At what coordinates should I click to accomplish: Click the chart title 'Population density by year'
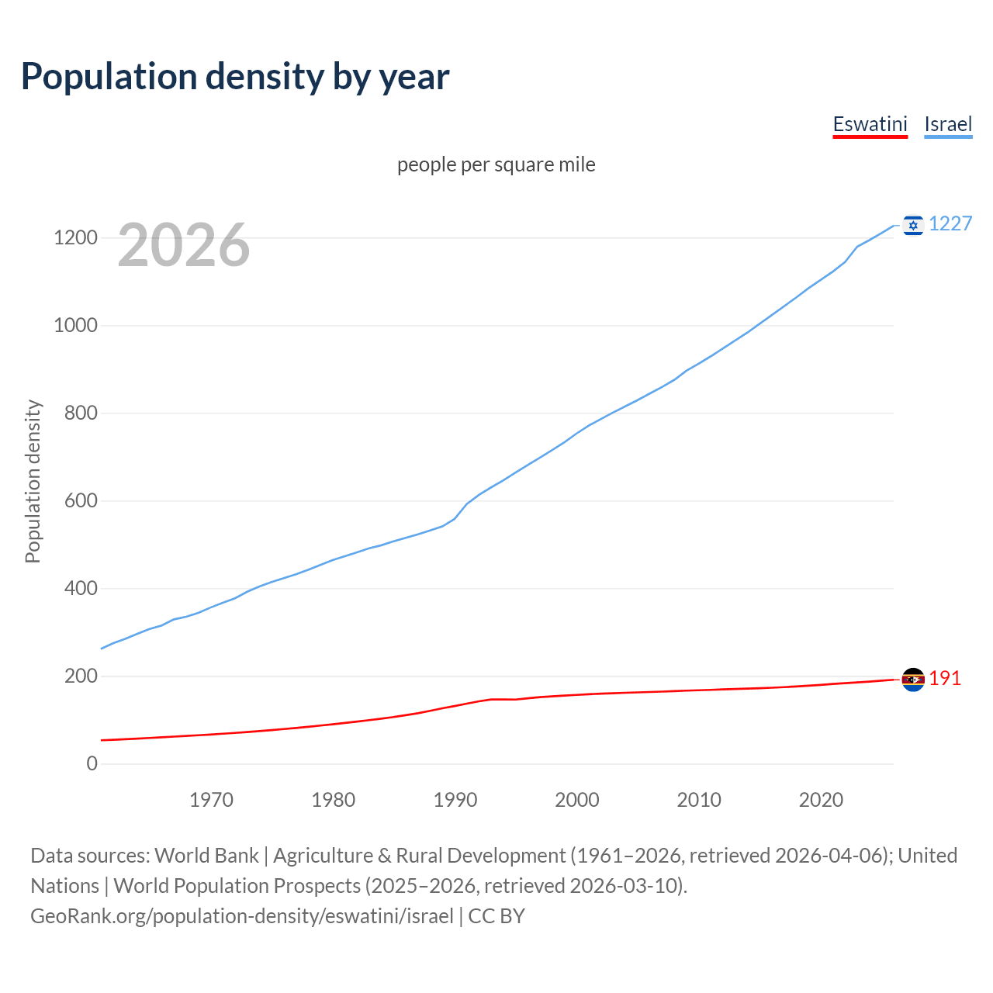[235, 76]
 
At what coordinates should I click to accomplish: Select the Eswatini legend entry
[870, 124]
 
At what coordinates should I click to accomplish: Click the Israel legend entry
[948, 124]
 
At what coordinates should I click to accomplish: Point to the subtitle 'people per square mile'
[496, 164]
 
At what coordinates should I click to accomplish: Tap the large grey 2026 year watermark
[184, 245]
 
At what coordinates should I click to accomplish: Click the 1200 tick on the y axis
[75, 237]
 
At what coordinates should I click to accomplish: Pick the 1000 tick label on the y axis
[75, 325]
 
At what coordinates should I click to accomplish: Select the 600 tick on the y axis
[81, 500]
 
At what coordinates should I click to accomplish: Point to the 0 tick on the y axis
[92, 763]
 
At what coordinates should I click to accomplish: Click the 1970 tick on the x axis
[211, 800]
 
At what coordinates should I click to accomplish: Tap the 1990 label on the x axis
[455, 800]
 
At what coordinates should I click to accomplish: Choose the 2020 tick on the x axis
[821, 800]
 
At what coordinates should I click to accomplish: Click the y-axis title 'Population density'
[33, 481]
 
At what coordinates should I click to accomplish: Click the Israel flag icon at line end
[913, 225]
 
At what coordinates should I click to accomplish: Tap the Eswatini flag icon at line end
[913, 680]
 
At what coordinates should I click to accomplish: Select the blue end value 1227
[950, 224]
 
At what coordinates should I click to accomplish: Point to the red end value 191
[945, 679]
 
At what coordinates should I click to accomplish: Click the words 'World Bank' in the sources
[206, 855]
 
